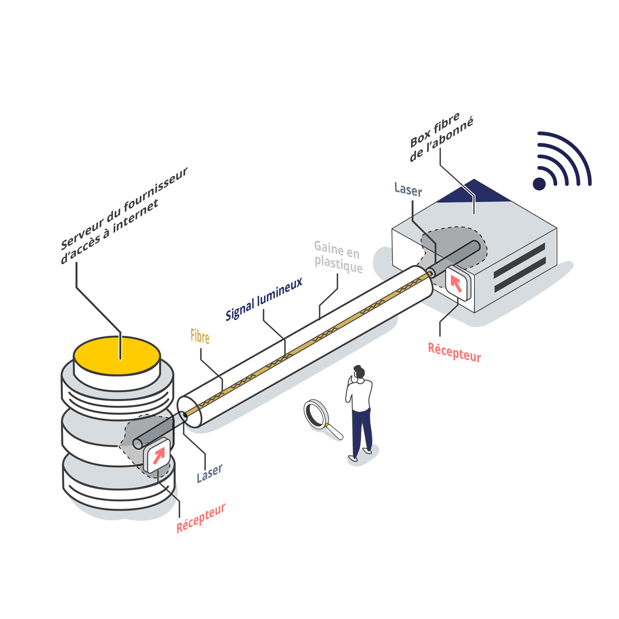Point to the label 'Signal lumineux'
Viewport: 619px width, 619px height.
click(264, 299)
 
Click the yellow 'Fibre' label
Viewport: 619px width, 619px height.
click(200, 337)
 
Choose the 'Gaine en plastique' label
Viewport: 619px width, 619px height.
click(338, 258)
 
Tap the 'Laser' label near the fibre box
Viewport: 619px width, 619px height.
click(408, 190)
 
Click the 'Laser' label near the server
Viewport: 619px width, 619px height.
click(209, 473)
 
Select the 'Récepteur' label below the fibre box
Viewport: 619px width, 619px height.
click(454, 352)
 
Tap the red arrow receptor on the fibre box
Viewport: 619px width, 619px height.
click(457, 283)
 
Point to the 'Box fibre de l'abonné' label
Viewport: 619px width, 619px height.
click(441, 139)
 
